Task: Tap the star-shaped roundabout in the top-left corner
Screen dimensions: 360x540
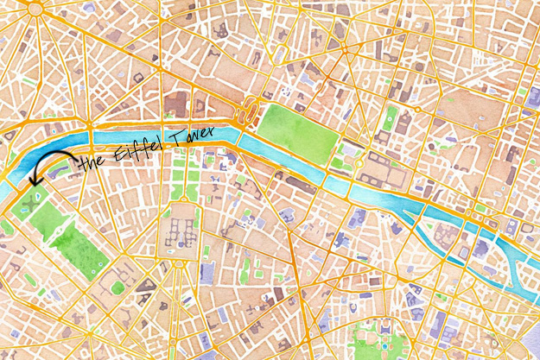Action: [35, 9]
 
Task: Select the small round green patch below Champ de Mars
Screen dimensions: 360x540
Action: [118, 287]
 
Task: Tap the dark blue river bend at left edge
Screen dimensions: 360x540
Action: [26, 168]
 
